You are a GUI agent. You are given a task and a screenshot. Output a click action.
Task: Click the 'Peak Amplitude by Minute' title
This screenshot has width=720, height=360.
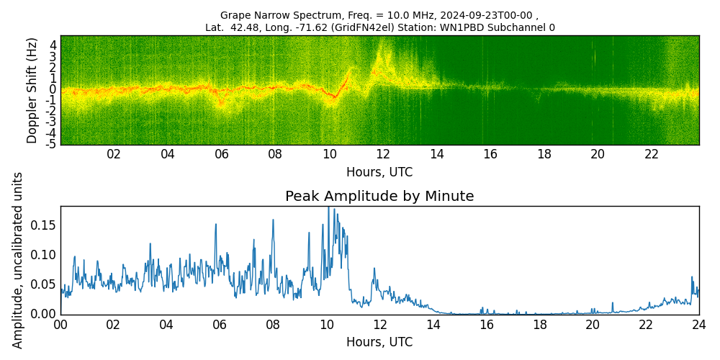(379, 197)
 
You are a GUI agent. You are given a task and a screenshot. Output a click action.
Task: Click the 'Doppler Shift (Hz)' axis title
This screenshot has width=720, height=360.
(32, 91)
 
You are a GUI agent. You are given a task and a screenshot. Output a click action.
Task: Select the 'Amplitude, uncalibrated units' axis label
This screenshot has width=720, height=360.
(18, 260)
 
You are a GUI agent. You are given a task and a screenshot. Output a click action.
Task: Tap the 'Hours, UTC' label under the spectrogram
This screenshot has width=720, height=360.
(379, 172)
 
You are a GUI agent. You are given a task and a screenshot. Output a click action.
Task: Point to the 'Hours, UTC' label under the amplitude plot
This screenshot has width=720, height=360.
(379, 342)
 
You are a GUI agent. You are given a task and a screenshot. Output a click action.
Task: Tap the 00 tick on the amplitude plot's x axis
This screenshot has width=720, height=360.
(60, 324)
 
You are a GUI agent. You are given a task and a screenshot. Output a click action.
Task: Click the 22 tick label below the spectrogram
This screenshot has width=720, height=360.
(652, 154)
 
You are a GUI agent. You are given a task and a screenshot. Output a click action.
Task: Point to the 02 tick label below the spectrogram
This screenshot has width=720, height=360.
(114, 154)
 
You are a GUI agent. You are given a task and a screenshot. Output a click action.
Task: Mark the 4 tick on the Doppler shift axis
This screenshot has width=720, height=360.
(53, 44)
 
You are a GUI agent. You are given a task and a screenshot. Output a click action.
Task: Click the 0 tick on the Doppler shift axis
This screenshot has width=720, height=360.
(53, 89)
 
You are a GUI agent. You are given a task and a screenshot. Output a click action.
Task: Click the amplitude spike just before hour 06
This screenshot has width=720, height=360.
(215, 224)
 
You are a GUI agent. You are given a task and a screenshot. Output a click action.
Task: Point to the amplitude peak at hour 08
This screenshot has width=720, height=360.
(273, 220)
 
